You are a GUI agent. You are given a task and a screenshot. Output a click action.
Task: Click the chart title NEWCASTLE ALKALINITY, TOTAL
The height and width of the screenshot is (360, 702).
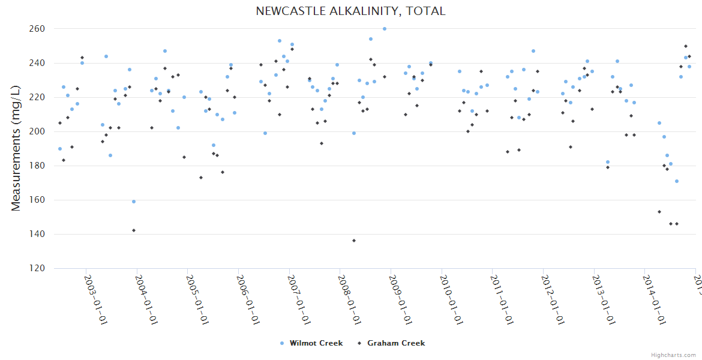click(350, 11)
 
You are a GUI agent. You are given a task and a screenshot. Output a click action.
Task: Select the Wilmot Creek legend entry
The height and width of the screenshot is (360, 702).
click(316, 343)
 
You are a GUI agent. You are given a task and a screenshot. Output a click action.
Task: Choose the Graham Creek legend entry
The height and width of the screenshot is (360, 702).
click(395, 343)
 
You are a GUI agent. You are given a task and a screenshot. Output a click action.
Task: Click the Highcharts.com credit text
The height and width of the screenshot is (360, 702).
click(673, 355)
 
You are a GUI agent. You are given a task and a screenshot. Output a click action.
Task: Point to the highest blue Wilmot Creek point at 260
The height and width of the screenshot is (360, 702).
click(385, 29)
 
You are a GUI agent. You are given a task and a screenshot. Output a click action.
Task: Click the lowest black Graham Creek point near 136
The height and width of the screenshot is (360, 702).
click(354, 241)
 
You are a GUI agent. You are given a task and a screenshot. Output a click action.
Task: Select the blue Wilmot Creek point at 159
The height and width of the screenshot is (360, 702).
click(134, 202)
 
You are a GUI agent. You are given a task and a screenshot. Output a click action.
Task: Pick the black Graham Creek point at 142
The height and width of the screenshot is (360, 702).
click(134, 230)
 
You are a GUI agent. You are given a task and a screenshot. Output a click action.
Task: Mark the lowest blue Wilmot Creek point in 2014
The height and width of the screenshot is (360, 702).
click(677, 181)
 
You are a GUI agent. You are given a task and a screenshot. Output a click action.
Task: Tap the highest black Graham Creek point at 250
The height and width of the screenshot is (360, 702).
click(686, 46)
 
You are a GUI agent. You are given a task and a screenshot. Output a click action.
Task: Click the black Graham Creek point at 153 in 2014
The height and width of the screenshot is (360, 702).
click(659, 212)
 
